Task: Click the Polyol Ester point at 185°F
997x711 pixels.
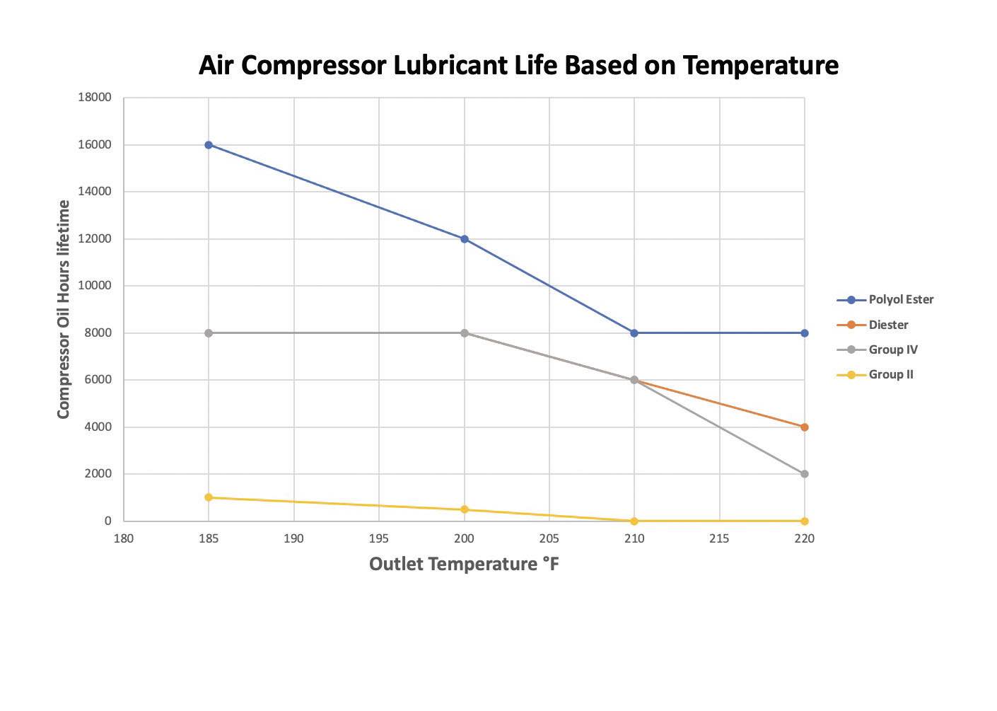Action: [x=209, y=145]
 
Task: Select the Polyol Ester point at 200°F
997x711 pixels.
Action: [x=465, y=239]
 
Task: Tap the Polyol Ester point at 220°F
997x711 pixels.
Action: [x=805, y=333]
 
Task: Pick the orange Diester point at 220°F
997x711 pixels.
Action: [x=805, y=427]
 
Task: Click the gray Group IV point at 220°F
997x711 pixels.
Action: [x=805, y=474]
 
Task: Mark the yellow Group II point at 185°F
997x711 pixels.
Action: [x=209, y=497]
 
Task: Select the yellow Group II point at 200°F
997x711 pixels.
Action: [x=465, y=509]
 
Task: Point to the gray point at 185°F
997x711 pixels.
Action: [x=209, y=333]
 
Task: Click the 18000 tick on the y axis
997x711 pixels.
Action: [x=95, y=98]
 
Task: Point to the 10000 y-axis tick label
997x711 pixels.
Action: [x=95, y=286]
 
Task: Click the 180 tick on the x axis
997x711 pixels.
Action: [x=124, y=538]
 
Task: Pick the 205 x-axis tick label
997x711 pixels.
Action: [x=549, y=538]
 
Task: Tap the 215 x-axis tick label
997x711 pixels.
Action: [x=719, y=538]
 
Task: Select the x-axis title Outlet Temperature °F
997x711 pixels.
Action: [x=464, y=564]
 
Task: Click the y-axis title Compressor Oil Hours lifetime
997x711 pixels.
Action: [x=64, y=309]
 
